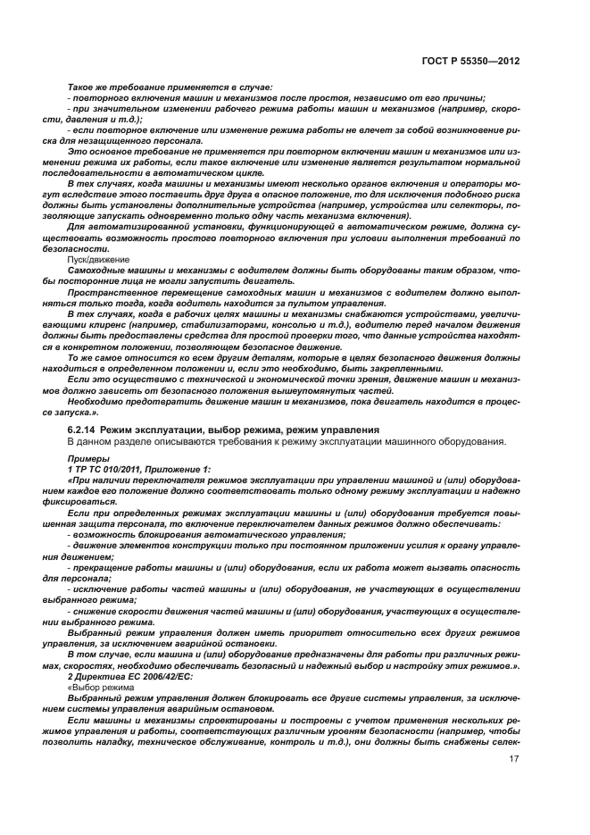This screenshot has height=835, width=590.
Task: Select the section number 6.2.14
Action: pyautogui.click(x=81, y=430)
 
